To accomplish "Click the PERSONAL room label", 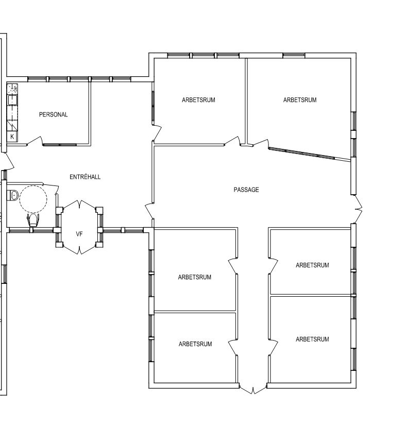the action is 54,115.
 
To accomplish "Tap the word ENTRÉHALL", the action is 85,177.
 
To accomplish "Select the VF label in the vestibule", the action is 79,234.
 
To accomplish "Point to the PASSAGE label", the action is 246,190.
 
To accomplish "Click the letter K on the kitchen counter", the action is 12,137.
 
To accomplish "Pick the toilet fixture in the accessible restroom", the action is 12,195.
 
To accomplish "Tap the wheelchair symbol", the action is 33,220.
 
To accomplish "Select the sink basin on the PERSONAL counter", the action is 12,100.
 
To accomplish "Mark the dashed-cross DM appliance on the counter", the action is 12,89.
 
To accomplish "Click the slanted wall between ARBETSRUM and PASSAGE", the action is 310,154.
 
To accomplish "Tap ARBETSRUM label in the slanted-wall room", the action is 300,100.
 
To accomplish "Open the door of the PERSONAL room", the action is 35,141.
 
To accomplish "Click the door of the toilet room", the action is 50,186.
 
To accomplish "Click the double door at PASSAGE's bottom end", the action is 253,389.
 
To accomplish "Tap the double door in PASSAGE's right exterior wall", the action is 357,209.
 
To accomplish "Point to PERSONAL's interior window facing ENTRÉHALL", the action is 60,145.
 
